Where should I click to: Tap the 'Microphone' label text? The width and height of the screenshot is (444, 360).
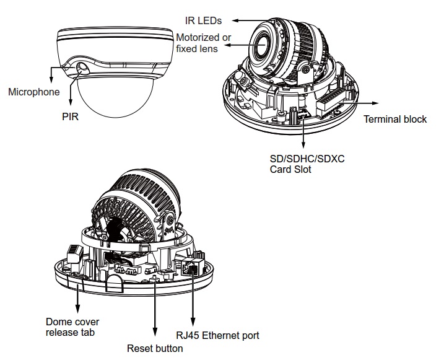(x=34, y=92)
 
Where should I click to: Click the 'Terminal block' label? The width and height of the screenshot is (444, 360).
(x=394, y=119)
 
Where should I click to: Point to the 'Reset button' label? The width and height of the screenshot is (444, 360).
(x=155, y=348)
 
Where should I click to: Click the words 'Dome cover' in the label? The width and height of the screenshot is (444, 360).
(x=72, y=322)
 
